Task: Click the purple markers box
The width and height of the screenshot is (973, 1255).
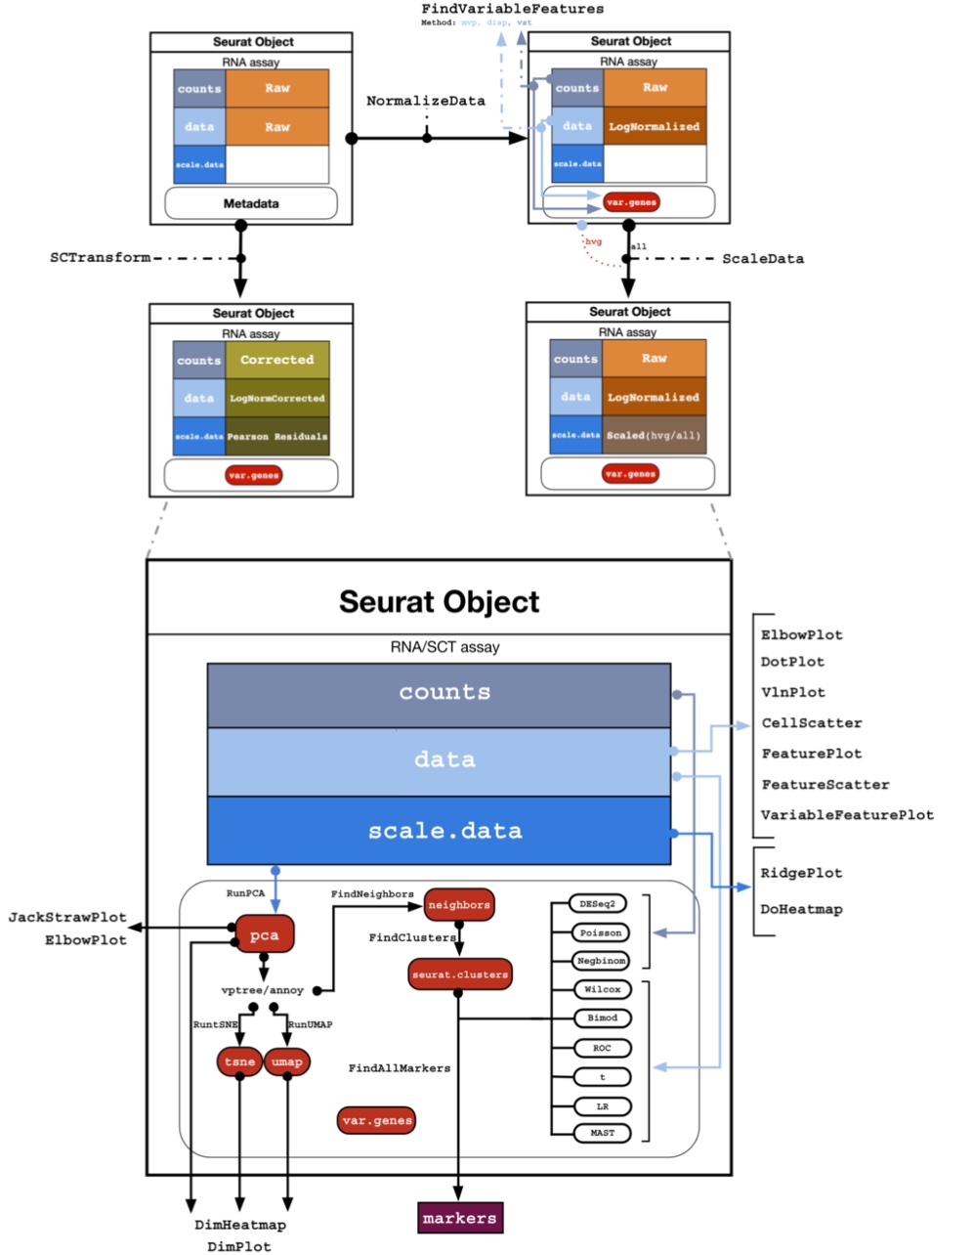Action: [460, 1218]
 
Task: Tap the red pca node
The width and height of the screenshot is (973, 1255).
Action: [265, 935]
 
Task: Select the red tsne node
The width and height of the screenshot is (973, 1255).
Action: [239, 1061]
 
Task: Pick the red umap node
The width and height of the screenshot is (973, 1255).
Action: [286, 1061]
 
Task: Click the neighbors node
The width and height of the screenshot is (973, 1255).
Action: [459, 905]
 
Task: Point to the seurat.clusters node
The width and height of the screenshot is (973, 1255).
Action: [459, 974]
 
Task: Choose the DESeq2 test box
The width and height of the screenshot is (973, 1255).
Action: [601, 904]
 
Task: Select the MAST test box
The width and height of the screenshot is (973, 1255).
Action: [602, 1133]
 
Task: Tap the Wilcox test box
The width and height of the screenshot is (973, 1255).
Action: [602, 989]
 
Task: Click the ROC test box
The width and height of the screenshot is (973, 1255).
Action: [602, 1048]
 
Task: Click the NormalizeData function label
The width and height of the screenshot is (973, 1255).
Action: [425, 101]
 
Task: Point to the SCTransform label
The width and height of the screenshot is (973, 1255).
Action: [101, 258]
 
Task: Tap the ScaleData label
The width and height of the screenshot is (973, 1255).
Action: [763, 259]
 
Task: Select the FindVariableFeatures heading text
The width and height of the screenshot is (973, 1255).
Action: [512, 9]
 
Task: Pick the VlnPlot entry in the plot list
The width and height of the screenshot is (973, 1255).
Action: [792, 692]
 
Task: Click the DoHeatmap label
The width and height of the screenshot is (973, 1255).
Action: [801, 909]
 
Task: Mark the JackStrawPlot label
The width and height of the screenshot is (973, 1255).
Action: [67, 917]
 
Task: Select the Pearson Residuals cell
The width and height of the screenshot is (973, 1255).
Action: [277, 436]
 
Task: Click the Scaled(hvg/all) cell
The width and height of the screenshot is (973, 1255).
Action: [654, 435]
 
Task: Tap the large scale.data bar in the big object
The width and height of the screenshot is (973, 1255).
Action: [444, 831]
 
